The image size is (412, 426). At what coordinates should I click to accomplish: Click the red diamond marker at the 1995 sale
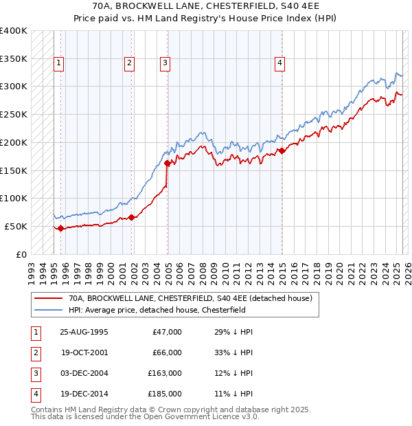tap(61, 228)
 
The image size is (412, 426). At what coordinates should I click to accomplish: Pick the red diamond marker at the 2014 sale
tap(282, 150)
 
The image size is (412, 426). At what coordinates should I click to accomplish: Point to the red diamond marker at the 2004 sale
tap(168, 163)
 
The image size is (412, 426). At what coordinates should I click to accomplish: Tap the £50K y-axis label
tap(16, 226)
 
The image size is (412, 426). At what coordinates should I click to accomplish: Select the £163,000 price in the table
tap(165, 373)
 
